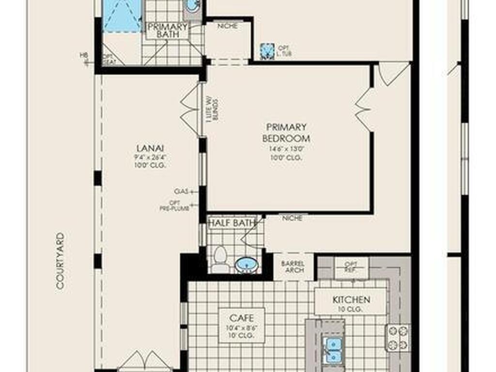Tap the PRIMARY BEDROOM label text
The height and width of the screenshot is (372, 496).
tap(286, 133)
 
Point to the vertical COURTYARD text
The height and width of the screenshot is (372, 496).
tap(60, 261)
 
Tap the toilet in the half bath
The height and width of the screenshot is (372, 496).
tap(220, 259)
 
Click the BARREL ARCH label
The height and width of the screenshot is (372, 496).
tap(293, 266)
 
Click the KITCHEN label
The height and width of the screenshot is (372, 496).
tap(351, 300)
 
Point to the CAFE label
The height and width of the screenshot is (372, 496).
tap(242, 318)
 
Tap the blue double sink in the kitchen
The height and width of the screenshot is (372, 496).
tap(332, 350)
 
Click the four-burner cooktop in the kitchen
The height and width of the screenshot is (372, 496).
tap(397, 337)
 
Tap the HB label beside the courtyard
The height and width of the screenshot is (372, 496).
tap(83, 55)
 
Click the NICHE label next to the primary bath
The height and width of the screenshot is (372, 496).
tap(227, 26)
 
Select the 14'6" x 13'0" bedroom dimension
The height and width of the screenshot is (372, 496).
tap(286, 149)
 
